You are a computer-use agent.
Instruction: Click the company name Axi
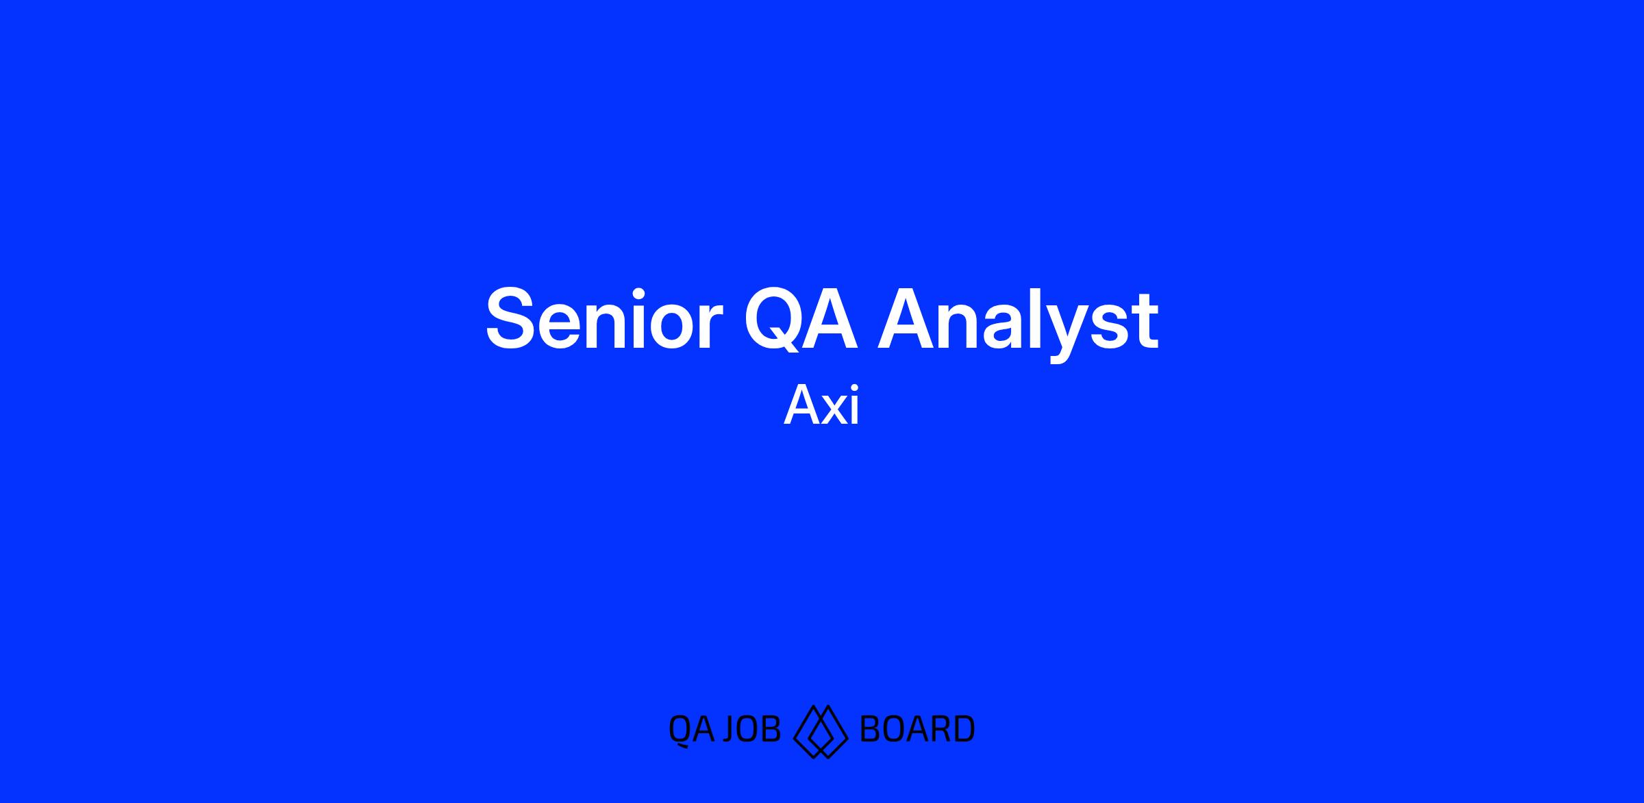tap(821, 406)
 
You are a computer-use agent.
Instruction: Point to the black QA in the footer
tap(691, 730)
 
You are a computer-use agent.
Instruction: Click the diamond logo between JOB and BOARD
tap(821, 731)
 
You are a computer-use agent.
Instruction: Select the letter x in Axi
tap(833, 410)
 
